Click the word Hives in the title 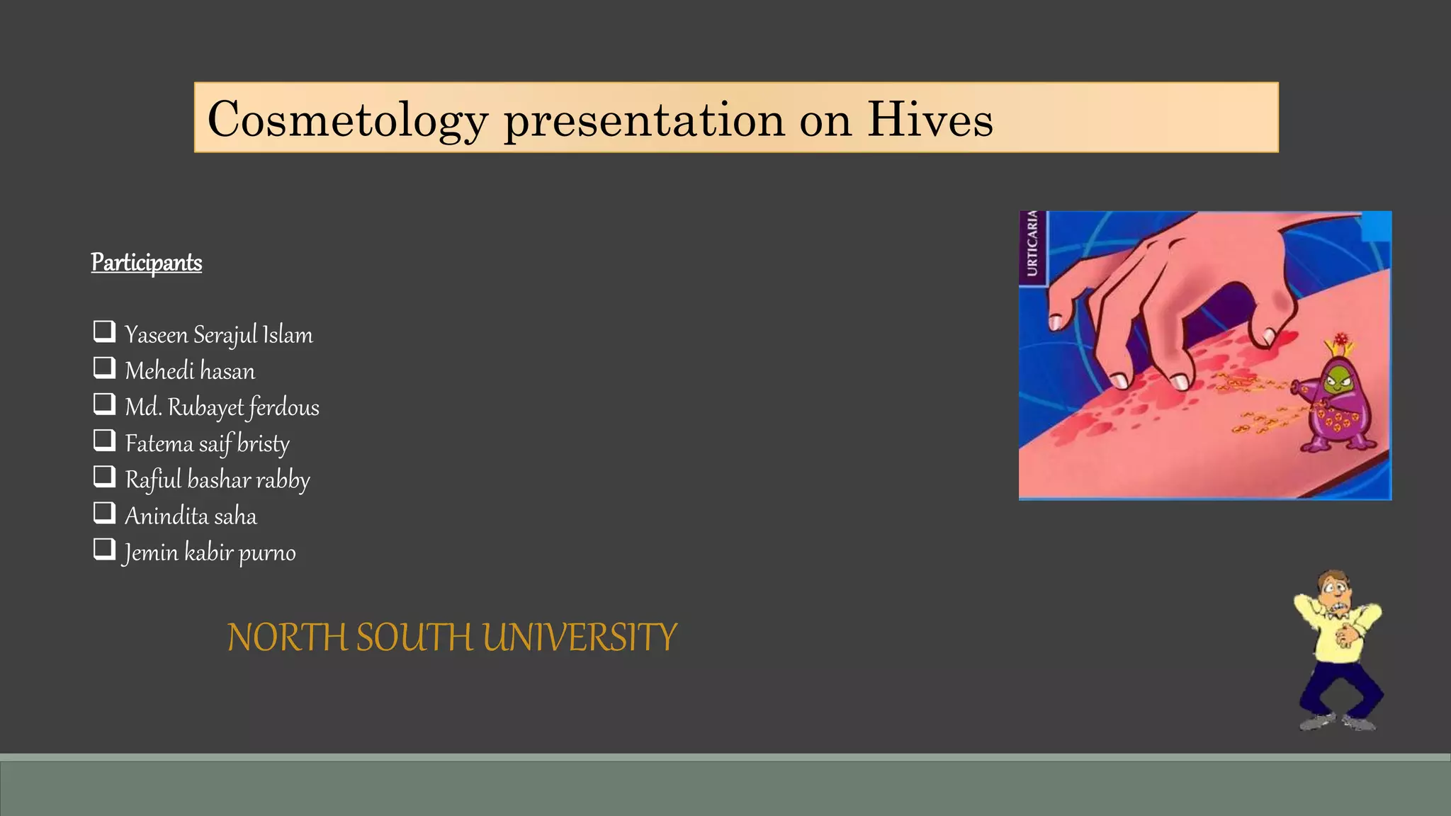(x=930, y=119)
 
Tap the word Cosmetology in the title (x=347, y=119)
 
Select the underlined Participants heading (x=147, y=263)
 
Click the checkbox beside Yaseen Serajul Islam (x=104, y=331)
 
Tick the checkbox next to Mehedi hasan (x=104, y=368)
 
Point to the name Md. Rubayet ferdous (x=222, y=407)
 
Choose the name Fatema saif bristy (x=207, y=443)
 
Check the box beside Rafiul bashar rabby (x=104, y=477)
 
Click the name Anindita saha (x=191, y=516)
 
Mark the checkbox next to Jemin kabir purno (x=104, y=549)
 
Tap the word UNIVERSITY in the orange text (x=580, y=637)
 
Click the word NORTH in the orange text (x=288, y=637)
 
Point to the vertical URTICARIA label (x=1032, y=244)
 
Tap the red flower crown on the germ (x=1340, y=341)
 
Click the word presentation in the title (x=643, y=119)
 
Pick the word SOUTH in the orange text (x=413, y=637)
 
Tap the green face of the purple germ (x=1338, y=380)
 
